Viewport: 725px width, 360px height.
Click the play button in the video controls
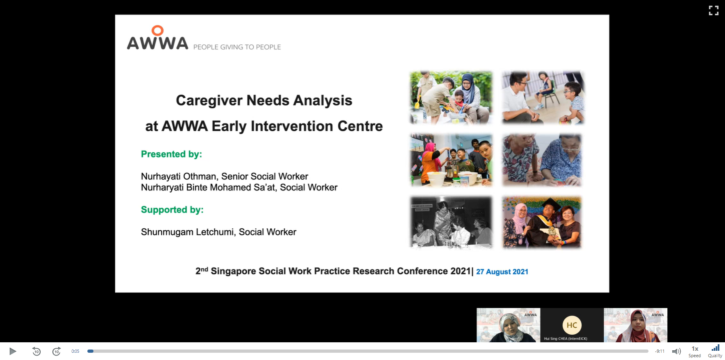point(12,351)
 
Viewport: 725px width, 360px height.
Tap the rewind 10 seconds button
point(36,351)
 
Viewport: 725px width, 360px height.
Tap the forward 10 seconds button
point(57,351)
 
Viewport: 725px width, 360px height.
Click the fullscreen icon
point(714,10)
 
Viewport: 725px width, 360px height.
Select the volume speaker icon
point(676,352)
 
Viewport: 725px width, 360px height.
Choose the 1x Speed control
point(695,351)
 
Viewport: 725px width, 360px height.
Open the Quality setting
point(715,351)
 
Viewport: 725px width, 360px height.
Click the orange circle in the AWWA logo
point(157,31)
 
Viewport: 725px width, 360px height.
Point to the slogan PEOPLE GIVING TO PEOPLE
point(237,47)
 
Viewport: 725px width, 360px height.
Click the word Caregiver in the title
point(209,101)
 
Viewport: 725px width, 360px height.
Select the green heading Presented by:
point(172,154)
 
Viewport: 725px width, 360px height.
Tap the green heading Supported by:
point(172,210)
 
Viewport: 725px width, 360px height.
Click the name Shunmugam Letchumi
point(187,232)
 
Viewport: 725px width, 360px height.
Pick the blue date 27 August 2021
point(502,272)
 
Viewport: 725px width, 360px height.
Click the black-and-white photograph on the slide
point(452,222)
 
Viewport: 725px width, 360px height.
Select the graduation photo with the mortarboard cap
point(542,222)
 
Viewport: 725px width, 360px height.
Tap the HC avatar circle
point(572,325)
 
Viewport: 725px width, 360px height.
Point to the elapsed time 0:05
point(75,352)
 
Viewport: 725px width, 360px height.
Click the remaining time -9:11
point(660,352)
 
